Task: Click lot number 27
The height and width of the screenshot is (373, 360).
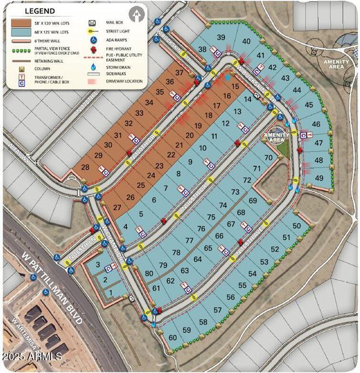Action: (x=116, y=208)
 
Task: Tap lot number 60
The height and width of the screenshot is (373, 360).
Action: (x=172, y=337)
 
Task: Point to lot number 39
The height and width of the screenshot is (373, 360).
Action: (x=221, y=38)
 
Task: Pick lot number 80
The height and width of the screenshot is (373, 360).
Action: (x=149, y=274)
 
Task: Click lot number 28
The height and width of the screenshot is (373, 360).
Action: (x=86, y=167)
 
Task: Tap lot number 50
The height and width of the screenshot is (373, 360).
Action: (x=297, y=225)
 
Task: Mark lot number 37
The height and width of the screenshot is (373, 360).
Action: (x=179, y=73)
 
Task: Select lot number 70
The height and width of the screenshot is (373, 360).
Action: (x=269, y=158)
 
